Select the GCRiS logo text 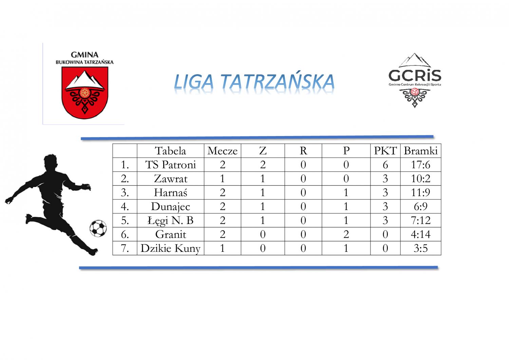pos(415,75)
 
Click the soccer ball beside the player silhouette pos(98,228)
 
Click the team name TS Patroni pos(170,165)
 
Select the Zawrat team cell pos(170,178)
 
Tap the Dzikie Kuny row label pos(170,248)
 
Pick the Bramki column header pos(421,151)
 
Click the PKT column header pos(385,151)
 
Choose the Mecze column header pos(223,151)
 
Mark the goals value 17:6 pos(421,165)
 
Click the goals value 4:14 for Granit pos(421,234)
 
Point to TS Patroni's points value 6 pos(385,165)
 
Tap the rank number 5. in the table pos(125,220)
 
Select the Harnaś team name pos(170,192)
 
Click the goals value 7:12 pos(421,220)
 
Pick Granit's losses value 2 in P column pos(346,234)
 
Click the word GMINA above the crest pos(84,55)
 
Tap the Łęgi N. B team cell pos(170,220)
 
